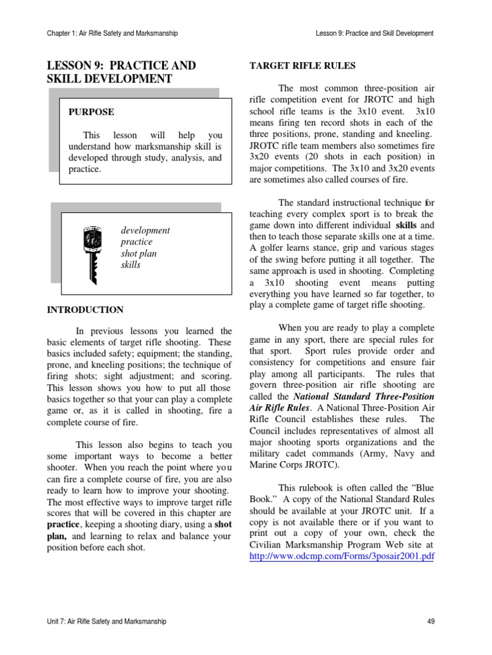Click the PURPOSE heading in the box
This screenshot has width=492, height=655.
[x=92, y=112]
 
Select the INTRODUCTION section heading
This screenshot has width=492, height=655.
[x=85, y=310]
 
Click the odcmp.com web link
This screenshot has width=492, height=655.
[x=341, y=556]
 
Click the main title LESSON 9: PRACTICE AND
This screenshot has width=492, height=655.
[x=122, y=66]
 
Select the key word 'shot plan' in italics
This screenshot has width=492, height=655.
[x=138, y=253]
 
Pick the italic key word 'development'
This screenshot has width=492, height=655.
[x=145, y=230]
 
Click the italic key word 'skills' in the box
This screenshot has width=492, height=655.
[x=131, y=265]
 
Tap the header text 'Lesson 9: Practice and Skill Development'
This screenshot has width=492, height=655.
[x=375, y=33]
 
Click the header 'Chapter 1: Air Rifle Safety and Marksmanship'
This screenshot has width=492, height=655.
[x=112, y=33]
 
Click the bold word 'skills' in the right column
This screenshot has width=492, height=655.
[x=407, y=226]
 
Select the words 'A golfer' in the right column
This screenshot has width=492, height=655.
[x=266, y=249]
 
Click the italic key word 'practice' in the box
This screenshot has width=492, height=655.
[x=136, y=242]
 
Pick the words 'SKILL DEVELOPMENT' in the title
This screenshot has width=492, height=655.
[x=110, y=79]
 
